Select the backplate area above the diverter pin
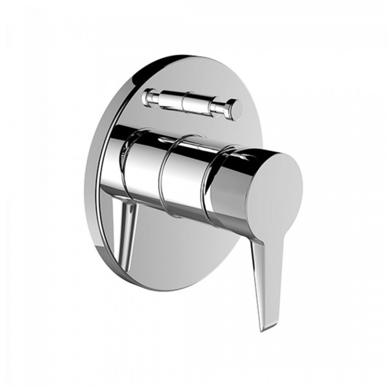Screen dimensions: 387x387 pyautogui.click(x=187, y=74)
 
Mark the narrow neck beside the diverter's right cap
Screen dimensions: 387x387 pyautogui.click(x=223, y=106)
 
